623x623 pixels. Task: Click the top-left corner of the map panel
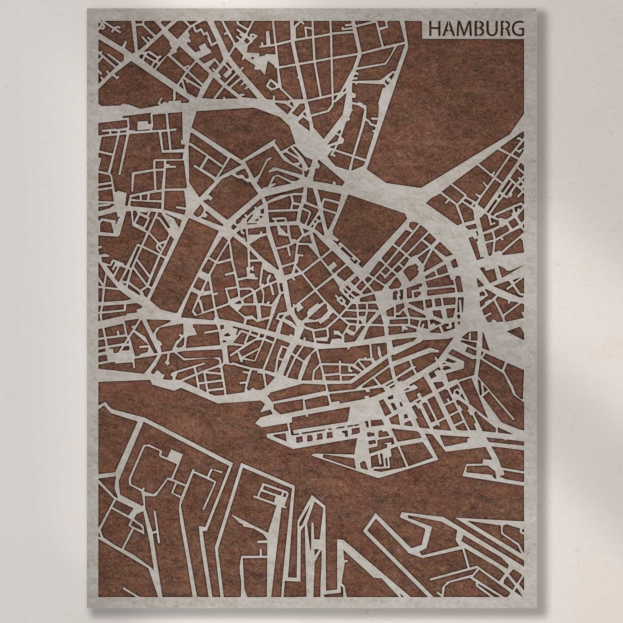pyautogui.click(x=87, y=9)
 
